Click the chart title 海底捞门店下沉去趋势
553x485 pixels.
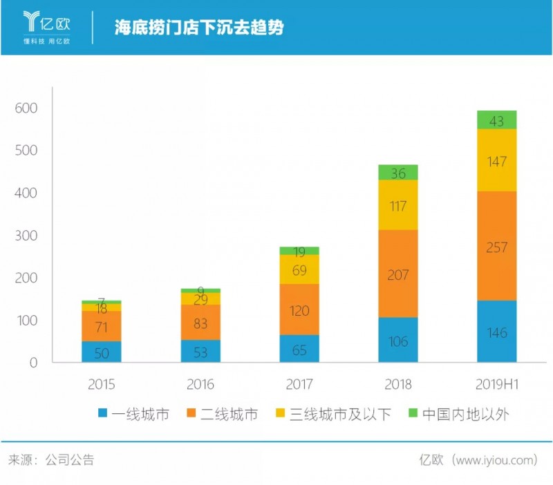199,28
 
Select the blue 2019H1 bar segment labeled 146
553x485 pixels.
496,332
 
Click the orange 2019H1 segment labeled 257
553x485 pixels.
496,246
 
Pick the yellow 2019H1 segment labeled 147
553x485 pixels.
496,160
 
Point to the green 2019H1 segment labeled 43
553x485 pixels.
496,120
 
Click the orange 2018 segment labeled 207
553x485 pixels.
397,274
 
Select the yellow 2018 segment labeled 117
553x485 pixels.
397,205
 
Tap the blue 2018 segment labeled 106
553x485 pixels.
397,340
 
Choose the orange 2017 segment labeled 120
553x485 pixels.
299,310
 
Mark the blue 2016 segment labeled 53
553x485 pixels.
200,351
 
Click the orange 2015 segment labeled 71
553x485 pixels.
102,326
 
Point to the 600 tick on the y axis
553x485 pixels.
25,108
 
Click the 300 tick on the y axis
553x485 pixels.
25,236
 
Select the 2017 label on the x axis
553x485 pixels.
299,384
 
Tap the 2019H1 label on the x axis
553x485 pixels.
496,384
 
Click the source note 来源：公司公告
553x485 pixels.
51,459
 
